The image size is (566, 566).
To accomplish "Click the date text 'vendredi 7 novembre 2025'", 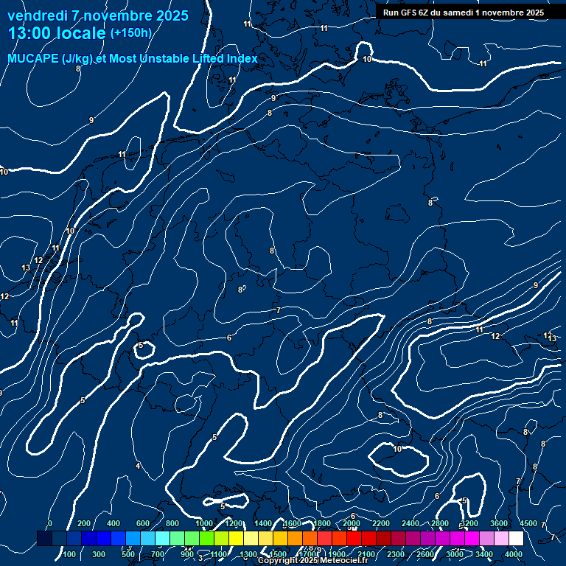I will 98,15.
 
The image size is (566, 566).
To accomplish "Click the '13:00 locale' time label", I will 57,33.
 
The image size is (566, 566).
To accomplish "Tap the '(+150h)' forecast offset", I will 130,33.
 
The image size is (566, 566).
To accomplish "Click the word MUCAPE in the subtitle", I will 33,59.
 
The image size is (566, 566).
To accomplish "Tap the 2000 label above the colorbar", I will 352,523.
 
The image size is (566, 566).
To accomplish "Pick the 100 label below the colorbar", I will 69,554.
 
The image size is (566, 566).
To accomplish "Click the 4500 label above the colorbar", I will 528,523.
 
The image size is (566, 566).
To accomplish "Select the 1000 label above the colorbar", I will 204,523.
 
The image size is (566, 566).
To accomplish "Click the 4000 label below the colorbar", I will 514,554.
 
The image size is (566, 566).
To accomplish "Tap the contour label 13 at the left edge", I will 27,268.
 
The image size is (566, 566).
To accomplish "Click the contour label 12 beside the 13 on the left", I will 38,260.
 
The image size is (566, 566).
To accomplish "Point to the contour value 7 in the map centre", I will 279,310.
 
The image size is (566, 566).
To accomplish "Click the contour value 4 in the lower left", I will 138,466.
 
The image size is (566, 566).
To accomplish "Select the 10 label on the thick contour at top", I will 367,59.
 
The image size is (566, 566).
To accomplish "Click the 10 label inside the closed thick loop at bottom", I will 397,449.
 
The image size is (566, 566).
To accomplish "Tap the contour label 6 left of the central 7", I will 229,338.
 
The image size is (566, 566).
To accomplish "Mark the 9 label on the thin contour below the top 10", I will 273,98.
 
